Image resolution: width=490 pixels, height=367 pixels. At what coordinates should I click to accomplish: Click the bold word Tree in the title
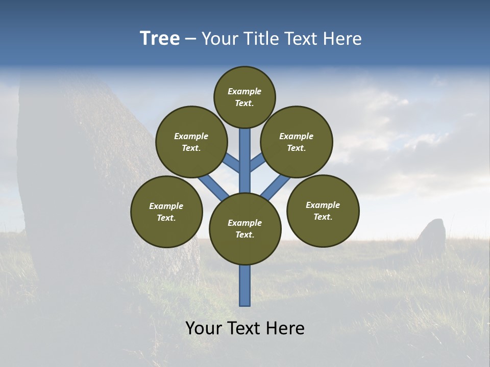point(160,39)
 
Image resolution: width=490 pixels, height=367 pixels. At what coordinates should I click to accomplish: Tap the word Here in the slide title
point(341,39)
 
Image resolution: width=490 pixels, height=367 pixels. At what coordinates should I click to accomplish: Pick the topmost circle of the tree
point(244,97)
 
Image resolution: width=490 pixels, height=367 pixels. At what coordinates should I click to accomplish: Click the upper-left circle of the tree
point(191,142)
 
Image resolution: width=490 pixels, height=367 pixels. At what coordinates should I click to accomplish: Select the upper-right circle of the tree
point(297,142)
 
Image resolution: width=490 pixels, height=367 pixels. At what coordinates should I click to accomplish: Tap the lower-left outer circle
point(166,212)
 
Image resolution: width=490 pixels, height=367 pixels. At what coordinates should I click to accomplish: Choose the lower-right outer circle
point(323,211)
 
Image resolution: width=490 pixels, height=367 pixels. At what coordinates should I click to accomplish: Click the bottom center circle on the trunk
point(245,228)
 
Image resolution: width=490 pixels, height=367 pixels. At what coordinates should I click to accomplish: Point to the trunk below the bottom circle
point(245,285)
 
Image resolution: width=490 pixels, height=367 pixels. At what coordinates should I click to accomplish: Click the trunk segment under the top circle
point(245,153)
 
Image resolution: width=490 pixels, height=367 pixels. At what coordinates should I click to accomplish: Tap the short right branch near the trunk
point(257,163)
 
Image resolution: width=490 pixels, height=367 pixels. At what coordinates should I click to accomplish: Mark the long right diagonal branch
point(276,188)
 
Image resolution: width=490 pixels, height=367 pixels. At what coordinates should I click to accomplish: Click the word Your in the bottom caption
point(204,328)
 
